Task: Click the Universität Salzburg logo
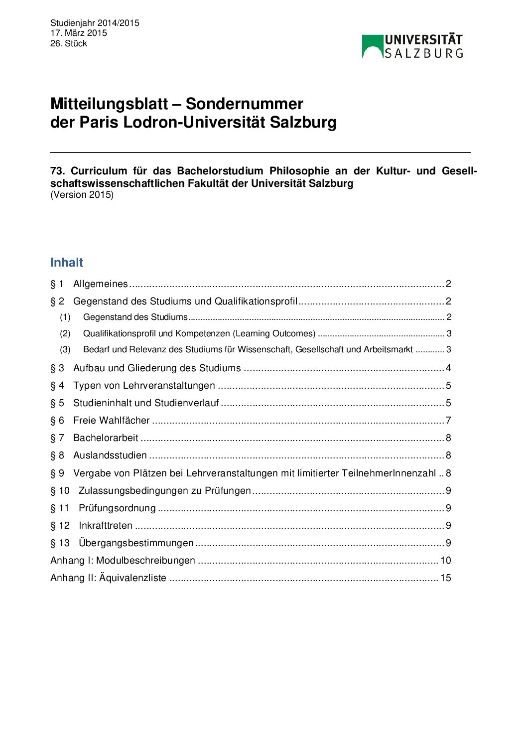pyautogui.click(x=412, y=46)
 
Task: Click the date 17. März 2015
pyautogui.click(x=79, y=33)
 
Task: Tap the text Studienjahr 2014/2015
pyautogui.click(x=95, y=23)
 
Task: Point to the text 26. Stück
pyautogui.click(x=69, y=43)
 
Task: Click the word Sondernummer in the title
pyautogui.click(x=244, y=104)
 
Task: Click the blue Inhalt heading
pyautogui.click(x=67, y=263)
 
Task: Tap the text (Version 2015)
pyautogui.click(x=82, y=195)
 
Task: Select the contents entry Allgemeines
pyautogui.click(x=101, y=284)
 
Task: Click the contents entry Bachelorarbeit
pyautogui.click(x=106, y=438)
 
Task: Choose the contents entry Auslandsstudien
pyautogui.click(x=110, y=455)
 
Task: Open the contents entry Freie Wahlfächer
pyautogui.click(x=111, y=421)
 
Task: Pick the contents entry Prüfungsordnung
pyautogui.click(x=117, y=508)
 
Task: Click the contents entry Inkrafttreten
pyautogui.click(x=106, y=526)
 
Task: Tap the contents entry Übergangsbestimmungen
pyautogui.click(x=136, y=543)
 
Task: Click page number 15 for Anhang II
pyautogui.click(x=445, y=578)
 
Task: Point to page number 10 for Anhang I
pyautogui.click(x=445, y=561)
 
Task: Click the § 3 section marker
pyautogui.click(x=57, y=368)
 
